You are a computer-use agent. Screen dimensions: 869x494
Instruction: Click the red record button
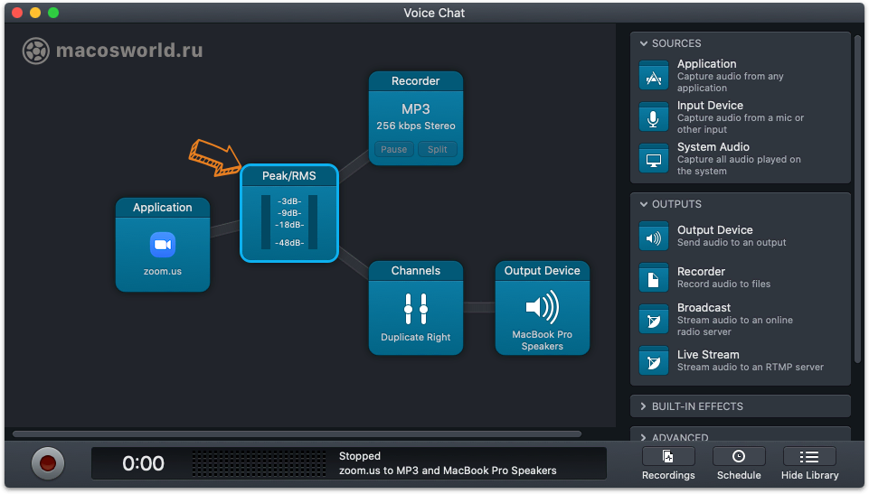[48, 463]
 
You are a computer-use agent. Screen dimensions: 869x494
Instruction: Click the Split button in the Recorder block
[438, 149]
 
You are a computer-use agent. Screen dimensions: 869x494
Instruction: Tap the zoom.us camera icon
[163, 245]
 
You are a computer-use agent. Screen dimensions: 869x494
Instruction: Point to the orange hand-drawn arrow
[215, 158]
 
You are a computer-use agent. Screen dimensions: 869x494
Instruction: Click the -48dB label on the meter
[289, 242]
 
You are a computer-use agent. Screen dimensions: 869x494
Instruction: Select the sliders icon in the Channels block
[416, 308]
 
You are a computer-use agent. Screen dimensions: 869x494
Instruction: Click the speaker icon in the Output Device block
[542, 307]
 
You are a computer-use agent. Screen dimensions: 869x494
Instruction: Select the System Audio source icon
[654, 159]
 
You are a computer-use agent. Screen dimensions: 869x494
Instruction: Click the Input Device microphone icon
[654, 117]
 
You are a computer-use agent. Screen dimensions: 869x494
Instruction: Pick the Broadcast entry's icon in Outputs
[654, 319]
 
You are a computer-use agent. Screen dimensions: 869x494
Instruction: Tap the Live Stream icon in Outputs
[654, 360]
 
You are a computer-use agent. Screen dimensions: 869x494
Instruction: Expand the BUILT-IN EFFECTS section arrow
[644, 406]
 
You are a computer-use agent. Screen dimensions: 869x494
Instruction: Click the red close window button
[17, 13]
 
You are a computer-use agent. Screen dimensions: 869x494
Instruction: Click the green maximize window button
[53, 13]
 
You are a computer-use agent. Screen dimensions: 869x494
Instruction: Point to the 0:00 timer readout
[143, 463]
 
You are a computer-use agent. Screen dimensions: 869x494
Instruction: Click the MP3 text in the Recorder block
[416, 109]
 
